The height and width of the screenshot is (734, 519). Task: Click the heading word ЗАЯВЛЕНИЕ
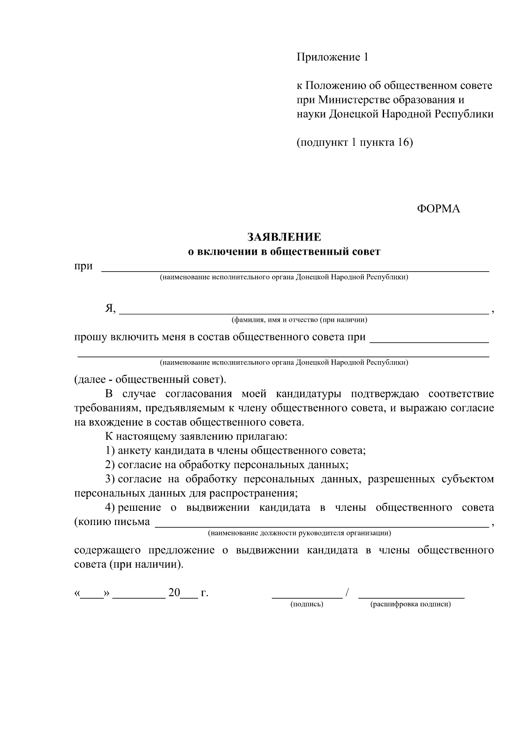coord(284,237)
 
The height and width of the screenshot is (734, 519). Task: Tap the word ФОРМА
coord(438,209)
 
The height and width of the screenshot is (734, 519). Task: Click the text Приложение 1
coord(332,57)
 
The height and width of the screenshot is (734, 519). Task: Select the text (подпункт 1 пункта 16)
coord(355,142)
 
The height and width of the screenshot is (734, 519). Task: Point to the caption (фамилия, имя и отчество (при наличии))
coord(299,320)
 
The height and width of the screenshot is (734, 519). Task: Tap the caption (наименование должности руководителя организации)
coord(299,533)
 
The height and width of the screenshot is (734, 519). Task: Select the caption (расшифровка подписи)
coord(410,604)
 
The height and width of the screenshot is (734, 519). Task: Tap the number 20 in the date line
coord(174,593)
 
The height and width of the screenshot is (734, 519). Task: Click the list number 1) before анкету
coord(110,451)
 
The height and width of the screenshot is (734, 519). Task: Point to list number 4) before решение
coord(110,508)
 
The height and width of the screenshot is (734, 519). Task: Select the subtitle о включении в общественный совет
coord(284,251)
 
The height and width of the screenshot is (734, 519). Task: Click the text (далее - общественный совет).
coord(150,380)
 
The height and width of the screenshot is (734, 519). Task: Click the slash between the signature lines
coord(347,593)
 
